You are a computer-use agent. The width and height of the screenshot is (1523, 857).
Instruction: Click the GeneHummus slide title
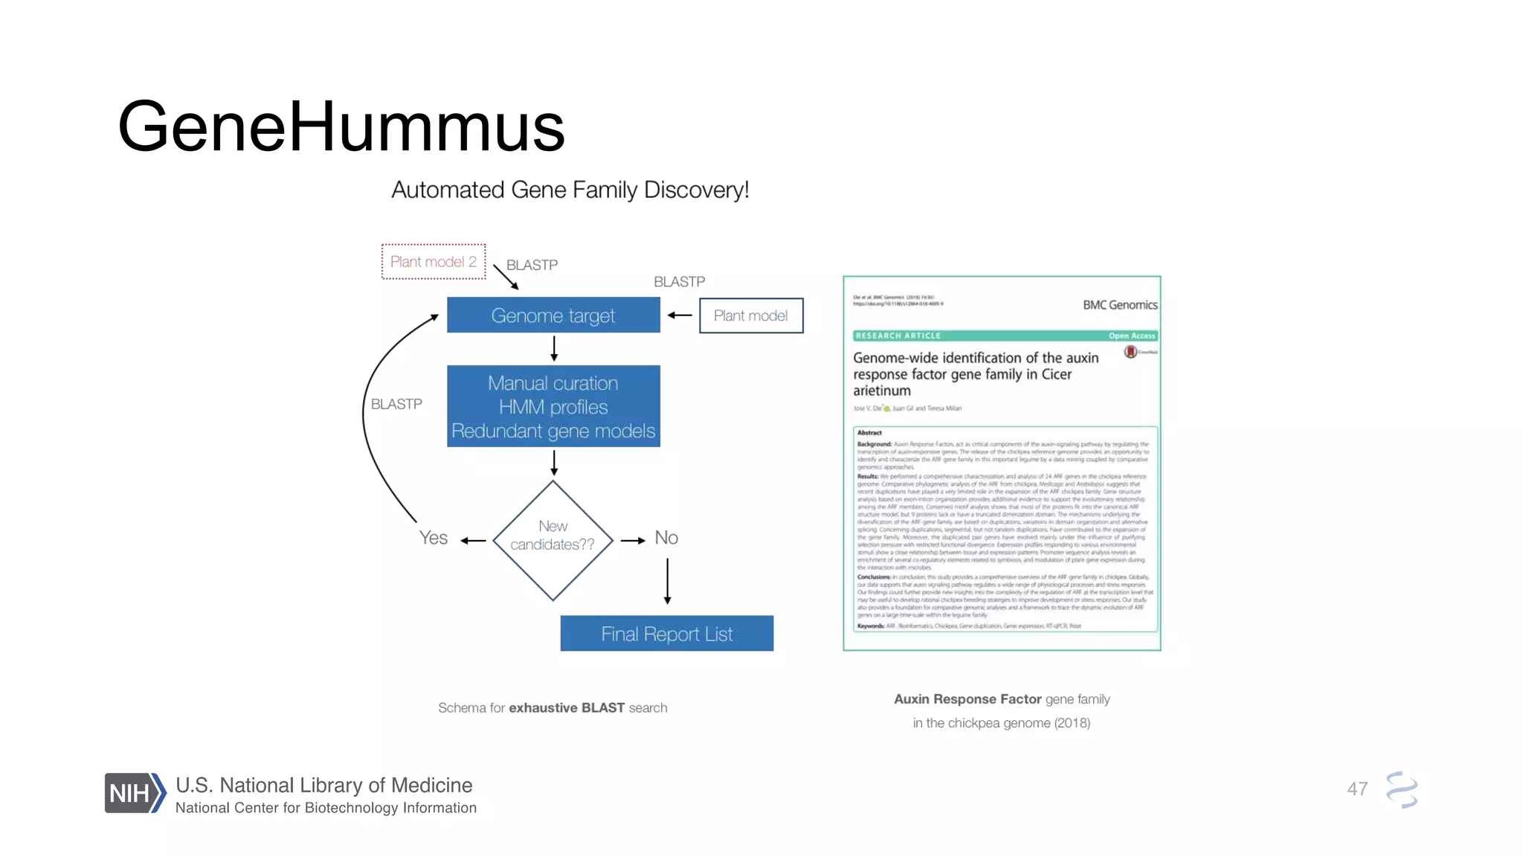coord(341,126)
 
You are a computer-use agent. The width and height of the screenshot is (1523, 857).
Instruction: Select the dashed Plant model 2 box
coord(434,262)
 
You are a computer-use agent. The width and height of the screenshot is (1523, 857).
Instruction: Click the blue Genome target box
coord(553,315)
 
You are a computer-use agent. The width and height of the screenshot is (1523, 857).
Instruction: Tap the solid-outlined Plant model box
coord(751,315)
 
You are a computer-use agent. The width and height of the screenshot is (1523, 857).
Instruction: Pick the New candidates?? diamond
coord(553,540)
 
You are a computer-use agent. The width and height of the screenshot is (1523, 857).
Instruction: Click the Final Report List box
coord(666,634)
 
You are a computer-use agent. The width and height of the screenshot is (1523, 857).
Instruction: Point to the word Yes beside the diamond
coord(433,538)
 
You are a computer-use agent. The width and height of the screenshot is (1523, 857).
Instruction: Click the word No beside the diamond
coord(666,538)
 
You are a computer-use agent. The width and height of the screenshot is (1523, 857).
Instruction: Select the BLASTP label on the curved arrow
coord(396,404)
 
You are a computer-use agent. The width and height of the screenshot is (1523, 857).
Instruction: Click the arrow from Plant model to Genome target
coord(679,315)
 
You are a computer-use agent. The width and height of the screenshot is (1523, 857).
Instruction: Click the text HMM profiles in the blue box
coord(553,407)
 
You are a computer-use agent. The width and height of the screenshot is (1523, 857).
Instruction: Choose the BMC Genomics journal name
coord(1120,305)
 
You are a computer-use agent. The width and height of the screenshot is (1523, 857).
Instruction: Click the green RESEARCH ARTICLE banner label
coord(898,336)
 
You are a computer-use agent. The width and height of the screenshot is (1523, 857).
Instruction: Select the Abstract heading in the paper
coord(869,432)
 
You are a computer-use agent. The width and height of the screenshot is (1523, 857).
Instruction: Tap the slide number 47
coord(1357,789)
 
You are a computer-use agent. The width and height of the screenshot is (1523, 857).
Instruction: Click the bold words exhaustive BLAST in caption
coord(567,707)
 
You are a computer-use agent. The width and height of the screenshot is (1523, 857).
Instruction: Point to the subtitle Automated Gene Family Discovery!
coord(570,190)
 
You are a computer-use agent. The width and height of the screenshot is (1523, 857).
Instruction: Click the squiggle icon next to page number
coord(1402,789)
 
